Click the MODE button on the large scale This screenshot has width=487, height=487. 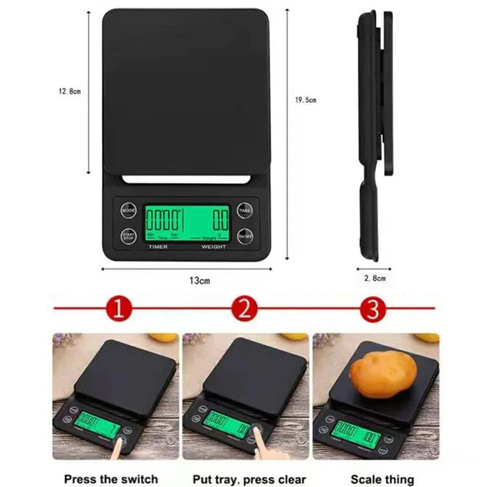click(128, 211)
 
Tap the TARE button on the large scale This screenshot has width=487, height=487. click(245, 211)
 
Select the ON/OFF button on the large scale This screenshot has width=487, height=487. click(245, 236)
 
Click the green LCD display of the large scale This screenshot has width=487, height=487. click(186, 223)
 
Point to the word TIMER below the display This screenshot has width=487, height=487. click(158, 247)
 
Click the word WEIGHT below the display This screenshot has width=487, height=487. click(214, 247)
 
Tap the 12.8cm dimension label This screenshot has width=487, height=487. click(69, 91)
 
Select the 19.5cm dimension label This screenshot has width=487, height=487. click(306, 100)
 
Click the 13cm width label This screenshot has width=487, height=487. click(199, 281)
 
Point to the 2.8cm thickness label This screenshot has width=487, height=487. click(374, 278)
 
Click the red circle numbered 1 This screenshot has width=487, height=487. click(118, 309)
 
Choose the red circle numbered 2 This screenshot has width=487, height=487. click(245, 309)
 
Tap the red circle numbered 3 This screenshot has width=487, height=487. click(373, 309)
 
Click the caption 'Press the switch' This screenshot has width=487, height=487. click(111, 479)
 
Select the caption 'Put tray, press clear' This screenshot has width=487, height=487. click(250, 479)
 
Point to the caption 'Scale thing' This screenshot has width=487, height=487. click(382, 479)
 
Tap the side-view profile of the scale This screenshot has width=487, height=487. click(370, 134)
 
